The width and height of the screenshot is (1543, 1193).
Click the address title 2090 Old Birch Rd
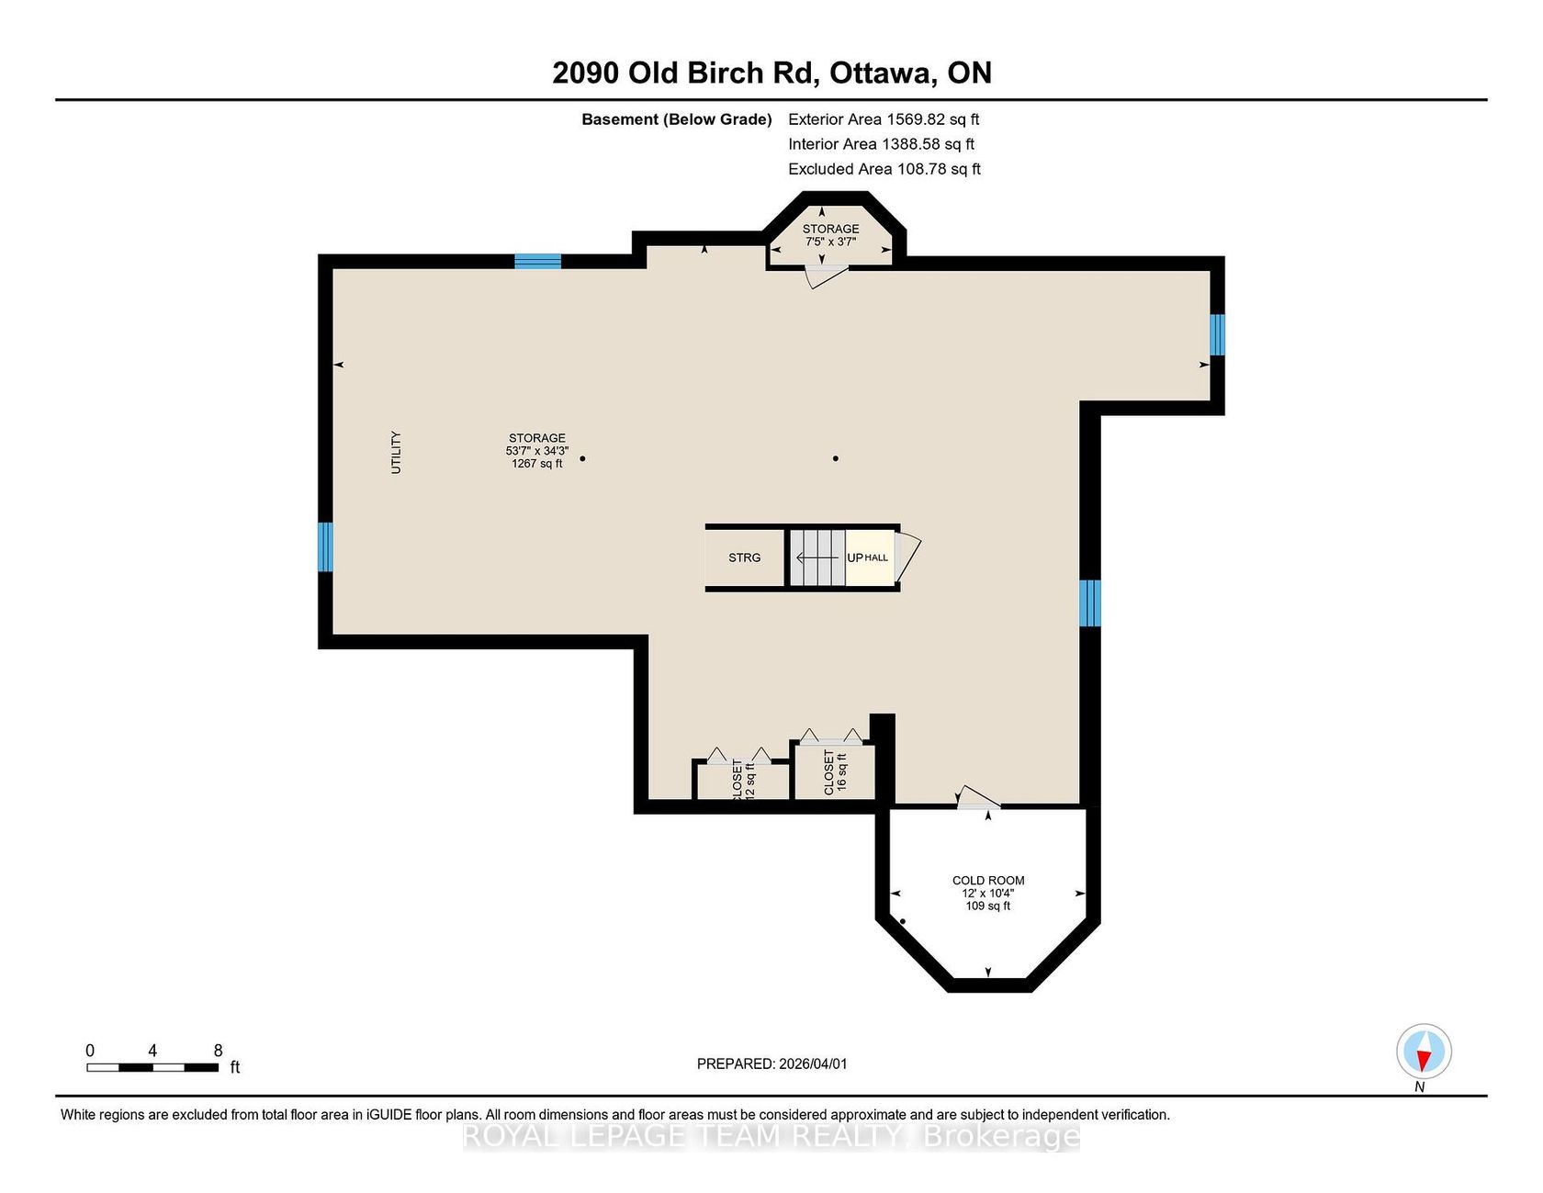pos(684,73)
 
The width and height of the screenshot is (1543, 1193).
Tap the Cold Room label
pos(988,881)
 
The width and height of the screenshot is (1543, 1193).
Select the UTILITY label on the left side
pos(396,452)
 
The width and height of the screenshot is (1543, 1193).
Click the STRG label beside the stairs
pos(745,557)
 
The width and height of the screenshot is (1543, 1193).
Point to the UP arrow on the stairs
pos(817,557)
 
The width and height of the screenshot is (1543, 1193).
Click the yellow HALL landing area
pos(870,557)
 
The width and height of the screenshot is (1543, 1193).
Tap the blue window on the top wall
pos(537,261)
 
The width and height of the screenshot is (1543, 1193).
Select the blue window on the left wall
pos(325,546)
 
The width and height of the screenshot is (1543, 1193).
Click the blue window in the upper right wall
pos(1217,334)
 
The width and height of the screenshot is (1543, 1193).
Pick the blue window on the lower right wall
pos(1089,602)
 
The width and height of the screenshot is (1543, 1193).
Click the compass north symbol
pos(1424,1051)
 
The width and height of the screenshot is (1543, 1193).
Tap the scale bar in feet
pos(152,1067)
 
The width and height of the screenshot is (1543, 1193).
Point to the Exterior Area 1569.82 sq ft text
pos(884,119)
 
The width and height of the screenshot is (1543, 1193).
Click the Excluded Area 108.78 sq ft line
pos(884,169)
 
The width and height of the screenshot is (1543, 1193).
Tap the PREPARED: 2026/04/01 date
pos(772,1064)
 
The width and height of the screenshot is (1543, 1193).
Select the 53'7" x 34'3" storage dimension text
pos(537,451)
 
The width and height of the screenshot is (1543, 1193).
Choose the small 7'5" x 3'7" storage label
pos(831,242)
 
